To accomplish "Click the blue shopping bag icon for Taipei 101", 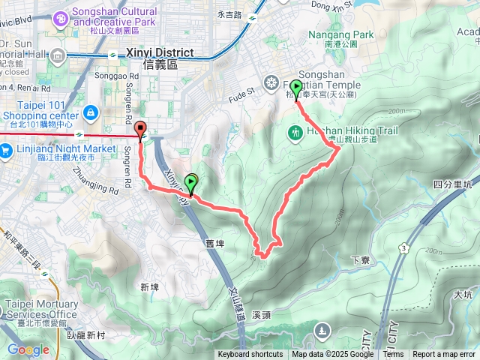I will pyautogui.click(x=90, y=112).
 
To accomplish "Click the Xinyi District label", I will pyautogui.click(x=160, y=54).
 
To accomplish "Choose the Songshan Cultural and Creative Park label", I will pyautogui.click(x=114, y=17).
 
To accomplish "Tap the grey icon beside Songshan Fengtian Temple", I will pyautogui.click(x=271, y=82).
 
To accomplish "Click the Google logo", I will pyautogui.click(x=28, y=349).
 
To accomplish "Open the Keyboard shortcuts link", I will pyautogui.click(x=250, y=355).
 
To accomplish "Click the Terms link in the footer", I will pyautogui.click(x=393, y=355).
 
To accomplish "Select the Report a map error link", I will pyautogui.click(x=443, y=355).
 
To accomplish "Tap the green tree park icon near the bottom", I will pyautogui.click(x=322, y=329).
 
